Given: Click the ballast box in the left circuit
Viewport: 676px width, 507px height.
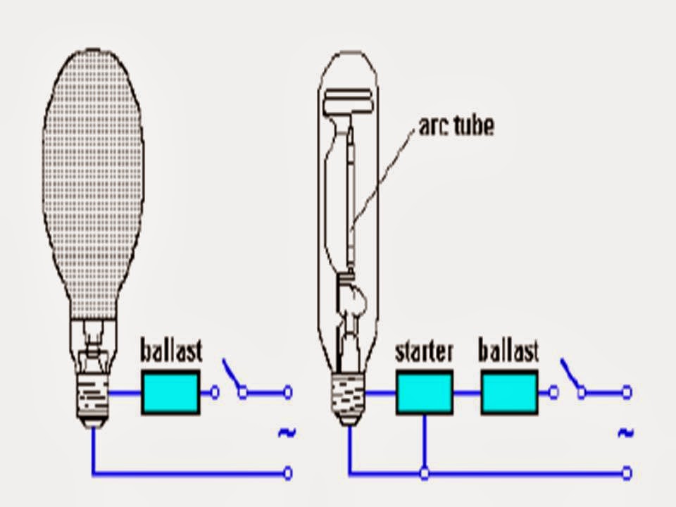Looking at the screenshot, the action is pos(170,392).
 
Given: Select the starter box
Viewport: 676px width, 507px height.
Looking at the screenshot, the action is pos(425,392).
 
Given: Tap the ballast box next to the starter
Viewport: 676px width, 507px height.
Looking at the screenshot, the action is pos(510,392).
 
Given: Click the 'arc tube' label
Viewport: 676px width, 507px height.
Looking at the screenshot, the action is pos(456,126).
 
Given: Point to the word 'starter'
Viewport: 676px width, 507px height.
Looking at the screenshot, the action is pos(424,351).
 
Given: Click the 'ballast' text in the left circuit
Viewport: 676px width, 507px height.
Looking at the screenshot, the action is pos(171,350).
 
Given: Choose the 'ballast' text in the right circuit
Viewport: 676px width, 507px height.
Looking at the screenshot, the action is pos(508,350).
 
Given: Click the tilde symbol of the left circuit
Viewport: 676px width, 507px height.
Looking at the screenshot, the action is pos(287,432).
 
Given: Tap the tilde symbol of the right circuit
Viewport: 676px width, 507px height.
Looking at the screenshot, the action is pos(625,432).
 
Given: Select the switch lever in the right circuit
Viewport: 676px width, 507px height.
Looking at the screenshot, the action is pos(570,374).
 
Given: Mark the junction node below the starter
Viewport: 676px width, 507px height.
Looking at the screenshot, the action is pos(425,473).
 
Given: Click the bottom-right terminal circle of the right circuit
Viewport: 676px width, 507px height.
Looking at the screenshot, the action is pos(627,473).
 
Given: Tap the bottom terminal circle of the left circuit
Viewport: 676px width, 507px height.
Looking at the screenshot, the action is pos(288,473).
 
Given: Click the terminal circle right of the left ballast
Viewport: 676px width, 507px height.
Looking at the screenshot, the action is pos(215,392).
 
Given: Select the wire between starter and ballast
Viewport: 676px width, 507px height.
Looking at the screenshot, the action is pos(467,392).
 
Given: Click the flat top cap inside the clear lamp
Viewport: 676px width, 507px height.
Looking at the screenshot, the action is pos(348,100).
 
